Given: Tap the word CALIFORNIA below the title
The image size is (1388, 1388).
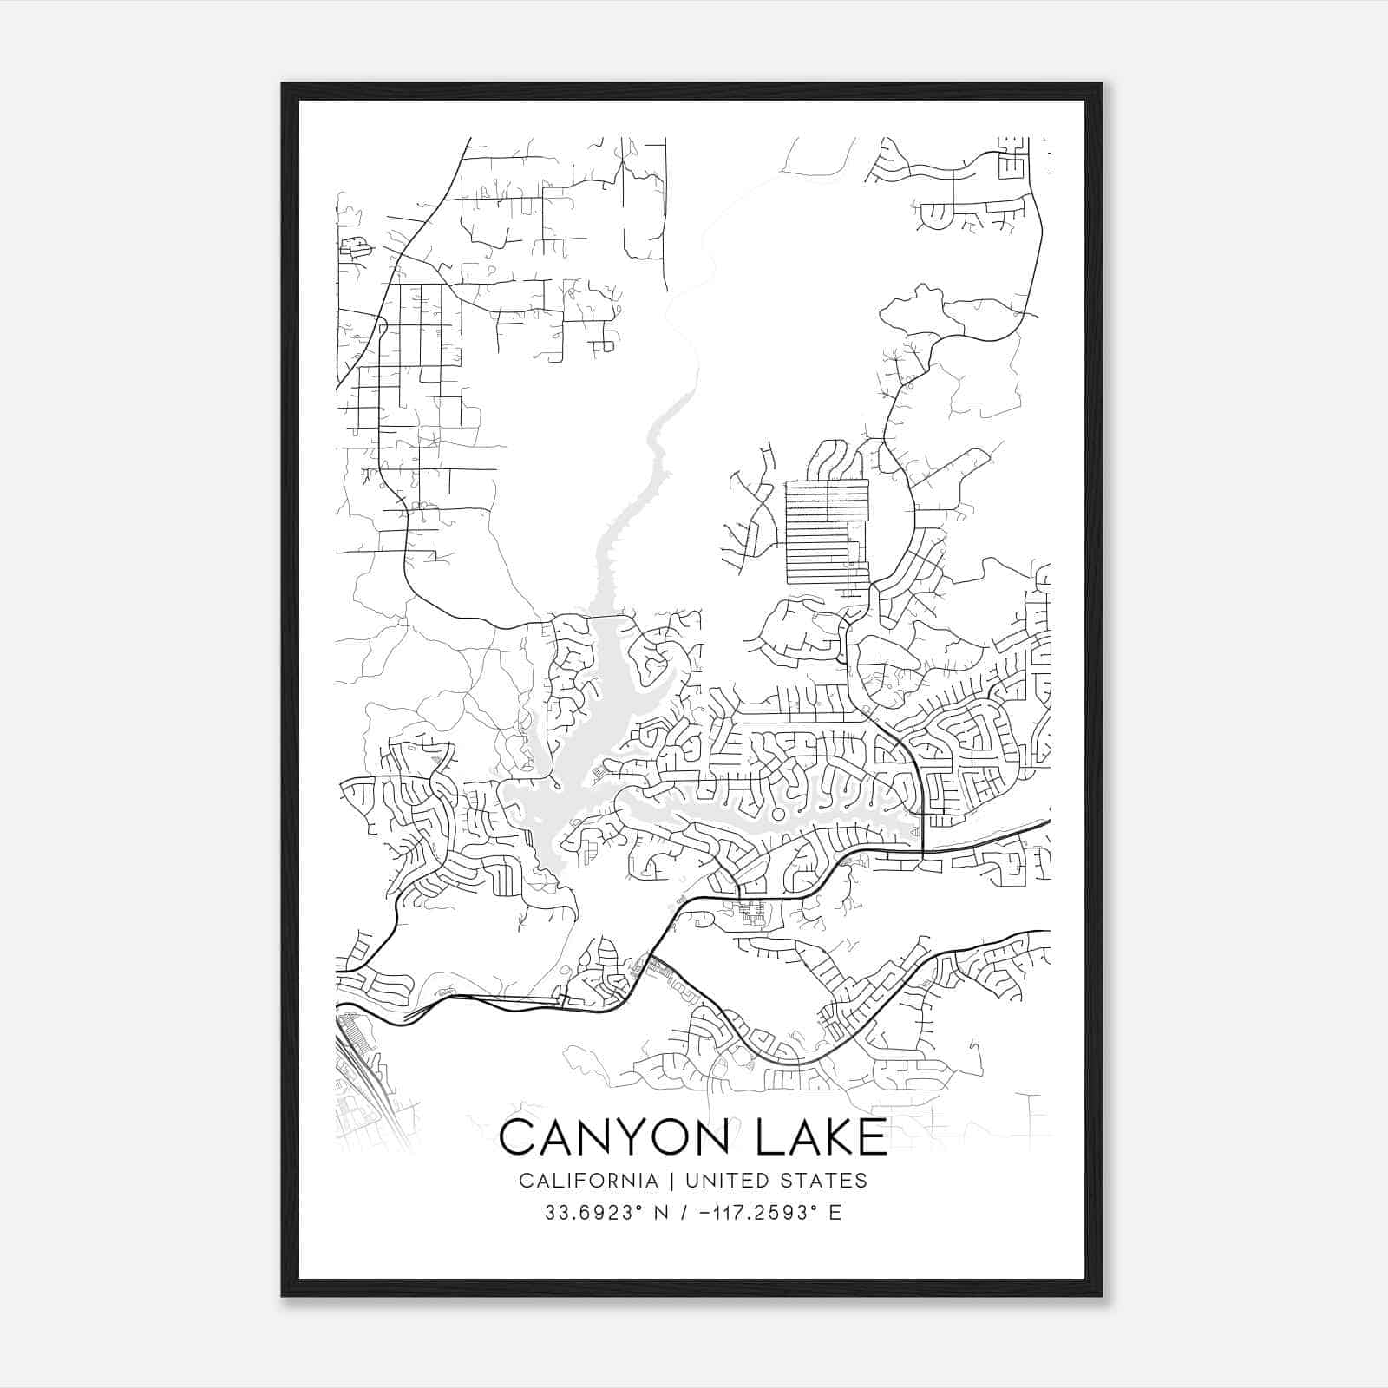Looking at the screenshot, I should tap(587, 1180).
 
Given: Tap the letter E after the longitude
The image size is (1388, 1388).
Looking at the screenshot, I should tap(835, 1212).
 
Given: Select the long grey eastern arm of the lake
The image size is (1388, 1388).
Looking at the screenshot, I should tap(763, 820).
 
